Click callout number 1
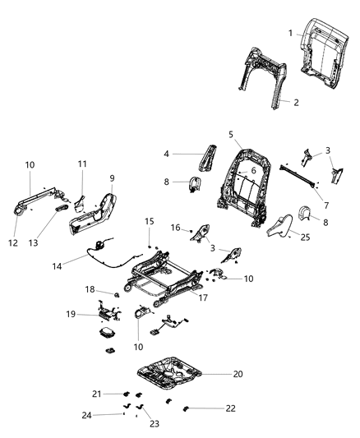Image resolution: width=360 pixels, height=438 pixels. (291, 32)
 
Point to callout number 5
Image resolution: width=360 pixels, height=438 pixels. (231, 133)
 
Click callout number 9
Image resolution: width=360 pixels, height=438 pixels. (112, 178)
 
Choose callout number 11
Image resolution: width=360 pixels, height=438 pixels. (82, 164)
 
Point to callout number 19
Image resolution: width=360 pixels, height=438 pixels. (72, 314)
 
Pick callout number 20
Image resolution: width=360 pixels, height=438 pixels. (238, 374)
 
